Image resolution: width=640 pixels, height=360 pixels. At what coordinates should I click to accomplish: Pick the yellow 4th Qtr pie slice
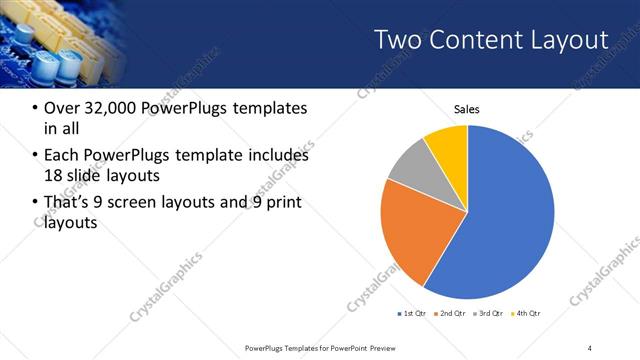click(447, 145)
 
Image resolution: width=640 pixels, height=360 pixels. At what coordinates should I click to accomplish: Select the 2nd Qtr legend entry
click(451, 314)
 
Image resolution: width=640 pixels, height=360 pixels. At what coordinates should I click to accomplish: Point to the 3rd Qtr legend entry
click(489, 314)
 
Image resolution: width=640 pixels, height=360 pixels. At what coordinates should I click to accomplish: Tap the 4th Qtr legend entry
click(527, 314)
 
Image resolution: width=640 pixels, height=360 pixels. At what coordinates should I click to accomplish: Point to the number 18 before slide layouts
click(57, 176)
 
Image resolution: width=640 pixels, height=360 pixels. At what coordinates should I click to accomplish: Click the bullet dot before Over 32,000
click(36, 108)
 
